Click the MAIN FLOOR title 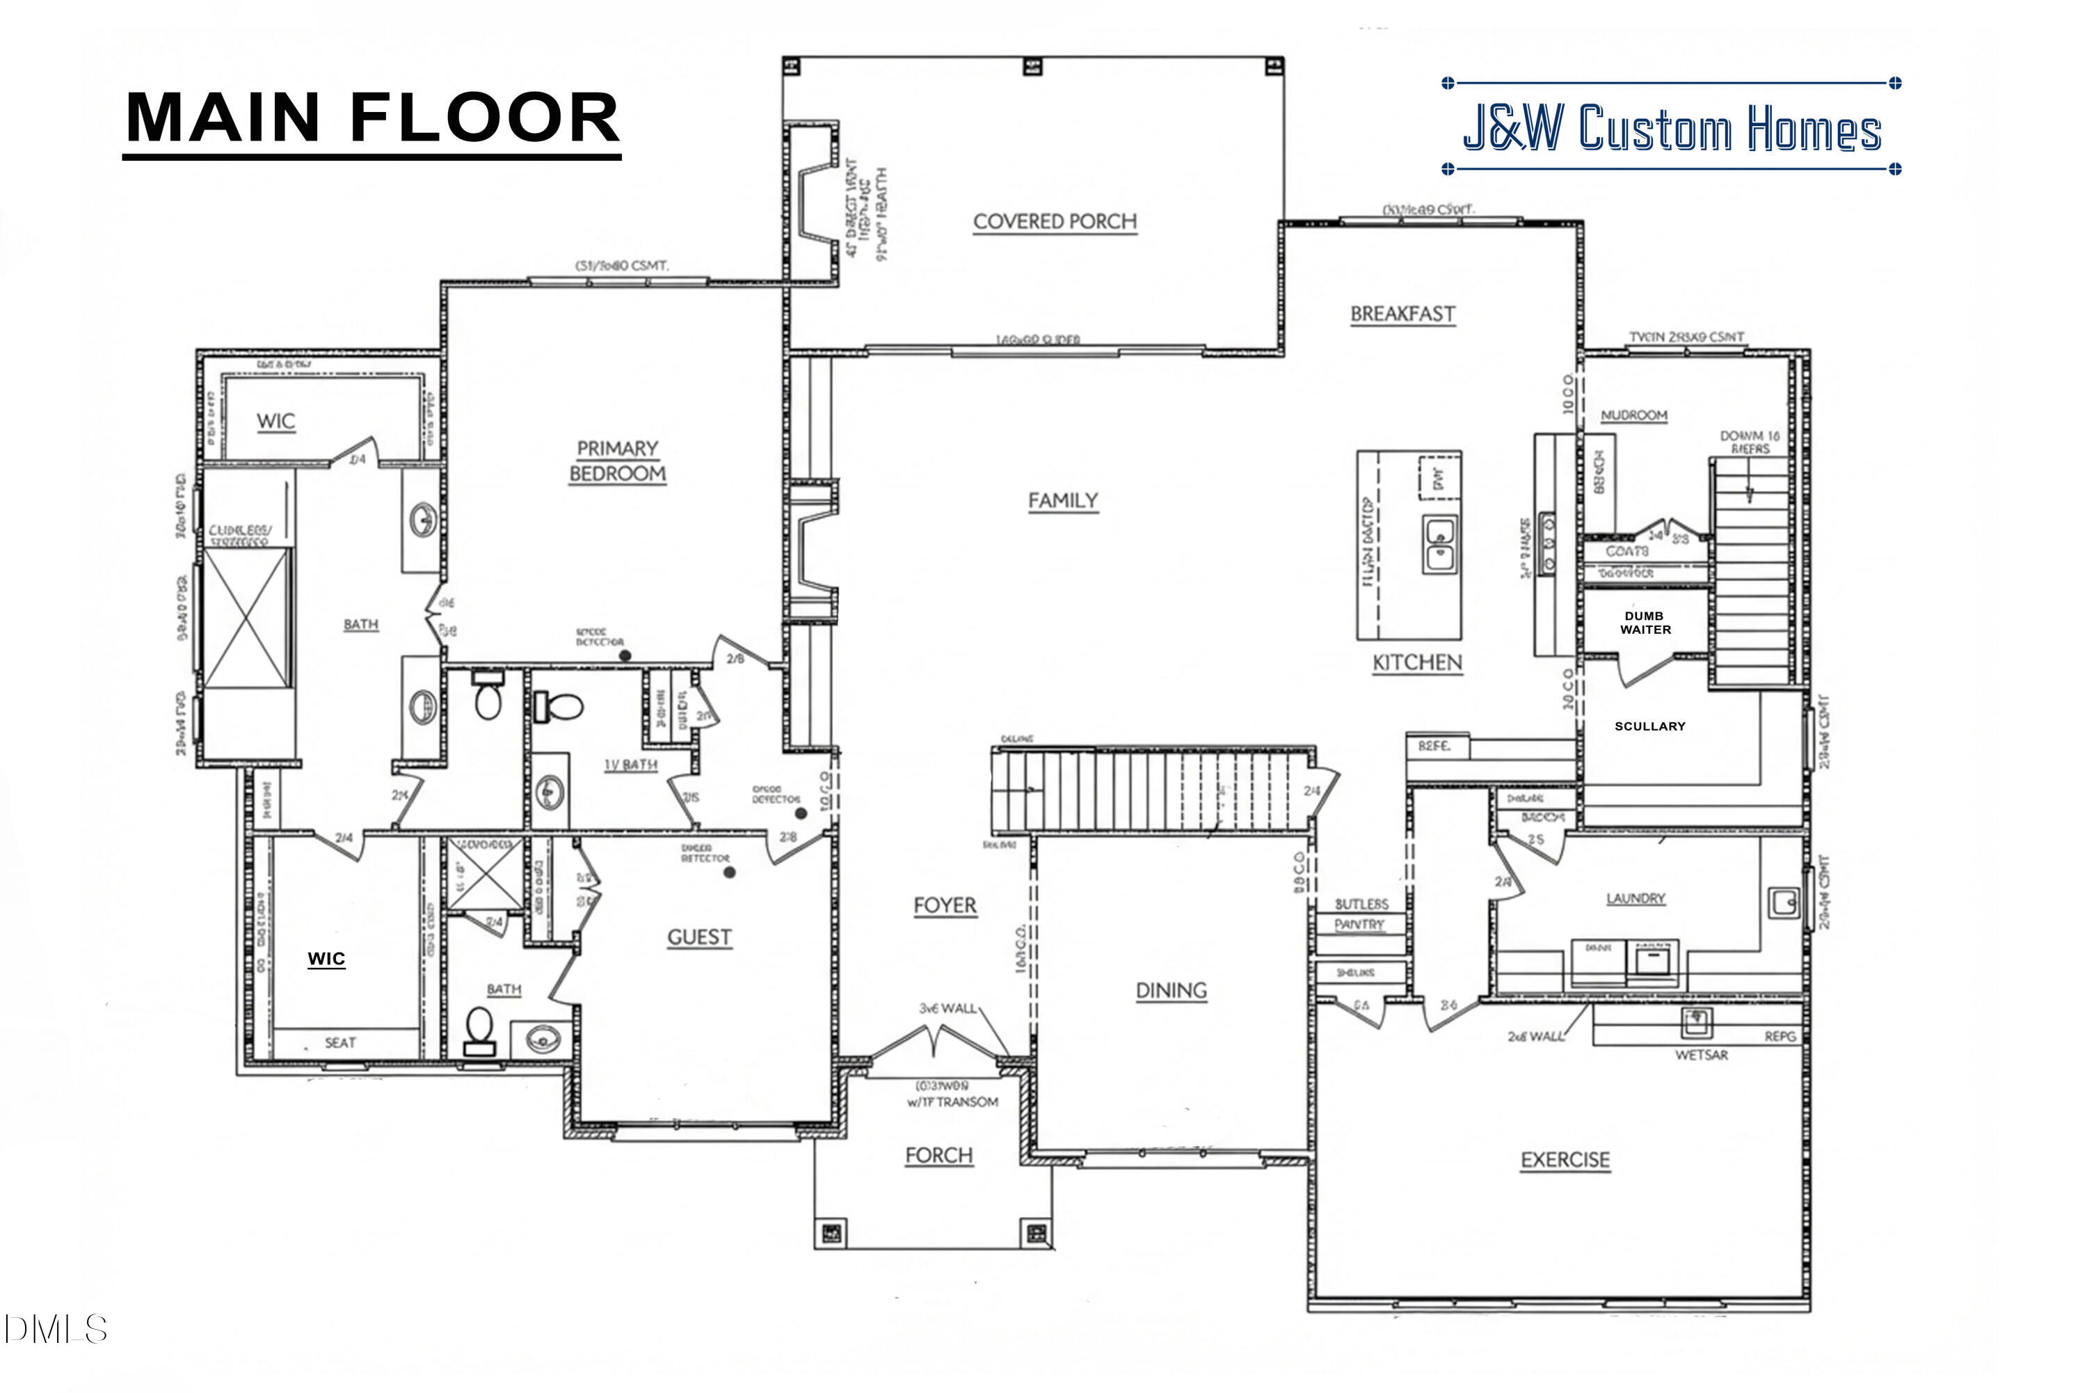pyautogui.click(x=372, y=118)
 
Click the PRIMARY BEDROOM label pyautogui.click(x=617, y=461)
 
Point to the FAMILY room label pyautogui.click(x=1062, y=501)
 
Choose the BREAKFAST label pyautogui.click(x=1402, y=314)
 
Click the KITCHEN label pyautogui.click(x=1416, y=662)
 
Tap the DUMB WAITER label pyautogui.click(x=1645, y=623)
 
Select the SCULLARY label pyautogui.click(x=1649, y=726)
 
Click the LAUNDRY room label pyautogui.click(x=1635, y=898)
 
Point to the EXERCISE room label pyautogui.click(x=1565, y=1159)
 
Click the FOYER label pyautogui.click(x=944, y=905)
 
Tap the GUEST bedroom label pyautogui.click(x=699, y=937)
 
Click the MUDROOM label pyautogui.click(x=1633, y=415)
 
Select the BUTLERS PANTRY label pyautogui.click(x=1361, y=914)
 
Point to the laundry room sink pyautogui.click(x=1782, y=902)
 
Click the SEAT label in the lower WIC pyautogui.click(x=340, y=1042)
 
